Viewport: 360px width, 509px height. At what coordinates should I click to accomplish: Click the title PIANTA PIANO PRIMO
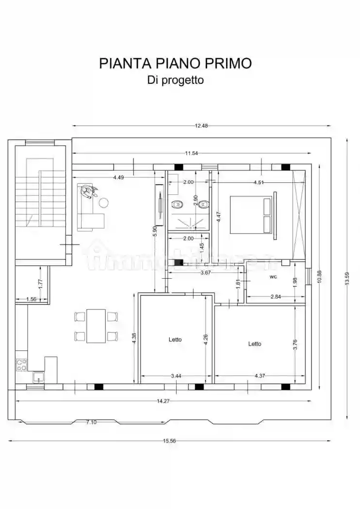coord(176,64)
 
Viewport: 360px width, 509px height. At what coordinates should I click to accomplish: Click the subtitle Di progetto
coord(176,80)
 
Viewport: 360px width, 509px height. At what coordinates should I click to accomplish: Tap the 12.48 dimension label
coord(201,126)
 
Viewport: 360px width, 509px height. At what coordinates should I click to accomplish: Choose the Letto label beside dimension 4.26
coord(175,339)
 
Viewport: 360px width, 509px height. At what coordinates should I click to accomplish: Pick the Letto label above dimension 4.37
coord(255,344)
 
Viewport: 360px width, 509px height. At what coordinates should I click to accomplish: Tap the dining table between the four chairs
coord(96,326)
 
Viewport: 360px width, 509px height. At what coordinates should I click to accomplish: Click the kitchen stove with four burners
coord(21,364)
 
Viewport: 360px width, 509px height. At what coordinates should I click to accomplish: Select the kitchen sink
coord(38,377)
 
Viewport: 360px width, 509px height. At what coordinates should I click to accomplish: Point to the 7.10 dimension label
coord(91,422)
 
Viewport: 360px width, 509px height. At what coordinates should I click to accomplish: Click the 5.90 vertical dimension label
coord(155,231)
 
